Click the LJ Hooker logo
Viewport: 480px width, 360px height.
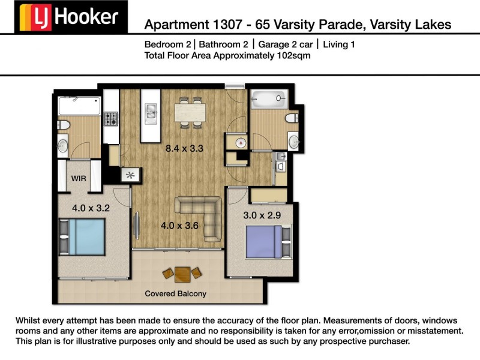tap(71, 17)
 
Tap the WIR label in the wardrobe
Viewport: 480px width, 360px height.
tap(79, 178)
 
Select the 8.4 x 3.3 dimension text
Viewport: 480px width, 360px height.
tap(184, 148)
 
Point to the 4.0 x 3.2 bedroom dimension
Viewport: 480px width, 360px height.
tap(91, 208)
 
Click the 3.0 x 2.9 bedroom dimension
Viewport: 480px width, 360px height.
tap(262, 215)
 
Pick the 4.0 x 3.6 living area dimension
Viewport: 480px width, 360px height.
tap(179, 226)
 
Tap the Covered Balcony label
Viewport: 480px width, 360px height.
tap(175, 293)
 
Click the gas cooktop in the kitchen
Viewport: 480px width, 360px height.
tap(111, 119)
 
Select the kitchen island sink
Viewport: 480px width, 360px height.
tap(151, 114)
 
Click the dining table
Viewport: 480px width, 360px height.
tap(190, 113)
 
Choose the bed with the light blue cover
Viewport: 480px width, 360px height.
tap(82, 237)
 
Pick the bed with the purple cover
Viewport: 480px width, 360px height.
tap(268, 242)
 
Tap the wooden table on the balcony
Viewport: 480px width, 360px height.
tap(182, 274)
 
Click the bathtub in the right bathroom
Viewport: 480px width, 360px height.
tap(269, 99)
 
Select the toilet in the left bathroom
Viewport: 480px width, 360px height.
tap(64, 125)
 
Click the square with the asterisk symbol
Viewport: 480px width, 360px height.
tap(130, 175)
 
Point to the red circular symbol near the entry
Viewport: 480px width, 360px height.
tap(241, 142)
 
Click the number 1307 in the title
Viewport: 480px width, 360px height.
tap(227, 25)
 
